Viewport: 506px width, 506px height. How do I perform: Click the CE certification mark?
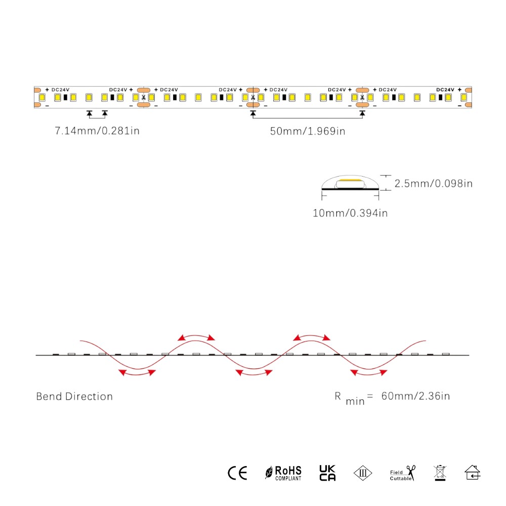tap(237, 473)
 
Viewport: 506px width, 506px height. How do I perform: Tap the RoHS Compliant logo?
tap(283, 473)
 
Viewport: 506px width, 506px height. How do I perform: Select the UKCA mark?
tap(327, 473)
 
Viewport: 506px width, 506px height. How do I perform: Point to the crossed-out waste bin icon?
tap(440, 473)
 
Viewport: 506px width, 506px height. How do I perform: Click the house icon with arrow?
tap(473, 473)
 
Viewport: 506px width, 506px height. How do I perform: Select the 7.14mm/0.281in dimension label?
tap(97, 132)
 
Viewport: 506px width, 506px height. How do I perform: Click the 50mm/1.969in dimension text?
tap(307, 132)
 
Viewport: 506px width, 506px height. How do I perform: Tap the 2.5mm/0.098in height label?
tap(433, 183)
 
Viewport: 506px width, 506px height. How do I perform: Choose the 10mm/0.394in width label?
tap(350, 213)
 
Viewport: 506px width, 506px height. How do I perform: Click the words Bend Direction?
tap(74, 396)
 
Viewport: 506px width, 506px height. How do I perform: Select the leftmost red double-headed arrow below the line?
tap(137, 373)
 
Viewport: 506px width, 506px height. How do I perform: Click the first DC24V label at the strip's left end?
tap(60, 90)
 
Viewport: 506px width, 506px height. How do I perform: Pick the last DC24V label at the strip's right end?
tap(445, 90)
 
